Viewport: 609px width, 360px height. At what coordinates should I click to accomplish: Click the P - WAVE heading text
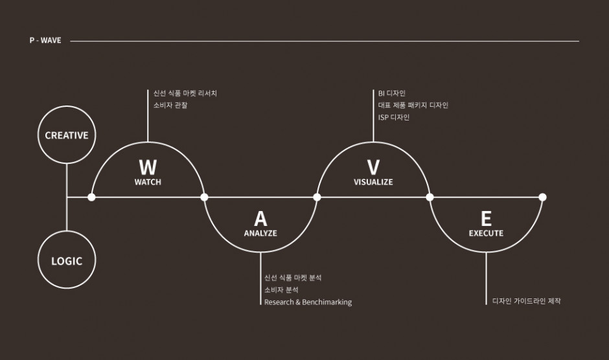coord(45,40)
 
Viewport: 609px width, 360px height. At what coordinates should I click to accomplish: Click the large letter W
coord(148,168)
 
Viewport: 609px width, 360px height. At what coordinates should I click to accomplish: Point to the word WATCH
coord(148,182)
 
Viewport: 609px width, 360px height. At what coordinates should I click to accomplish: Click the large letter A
coord(260,219)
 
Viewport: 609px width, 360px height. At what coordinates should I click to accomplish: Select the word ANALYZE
coord(260,233)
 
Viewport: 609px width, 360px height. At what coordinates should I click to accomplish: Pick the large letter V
coord(373,168)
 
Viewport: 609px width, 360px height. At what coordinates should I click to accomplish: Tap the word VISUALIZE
coord(373,182)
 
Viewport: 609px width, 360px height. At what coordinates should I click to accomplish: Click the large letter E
coord(487,219)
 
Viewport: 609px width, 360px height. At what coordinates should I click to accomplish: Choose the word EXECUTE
coord(487,233)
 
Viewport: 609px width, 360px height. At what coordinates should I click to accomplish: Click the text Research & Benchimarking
coord(308,302)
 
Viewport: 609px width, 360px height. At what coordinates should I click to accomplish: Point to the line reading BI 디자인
coord(392,93)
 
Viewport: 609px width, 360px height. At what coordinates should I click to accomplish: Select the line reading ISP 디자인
coord(394,117)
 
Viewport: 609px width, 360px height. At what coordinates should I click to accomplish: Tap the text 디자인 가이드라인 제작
coord(527,301)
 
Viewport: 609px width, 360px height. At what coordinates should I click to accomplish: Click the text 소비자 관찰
coord(170,106)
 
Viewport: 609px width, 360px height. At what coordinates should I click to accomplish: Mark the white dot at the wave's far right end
coord(542,197)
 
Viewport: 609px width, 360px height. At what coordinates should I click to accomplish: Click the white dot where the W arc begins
coord(91,197)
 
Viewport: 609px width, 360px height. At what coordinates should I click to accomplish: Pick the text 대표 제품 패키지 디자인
coord(413,106)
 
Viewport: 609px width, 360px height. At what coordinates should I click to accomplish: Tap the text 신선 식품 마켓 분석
coord(293,278)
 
